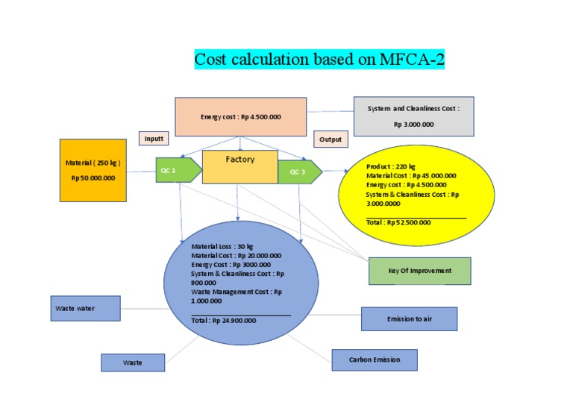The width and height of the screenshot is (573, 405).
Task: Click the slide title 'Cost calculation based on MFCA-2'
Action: pyautogui.click(x=319, y=59)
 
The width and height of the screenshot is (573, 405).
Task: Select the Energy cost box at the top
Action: pyautogui.click(x=240, y=116)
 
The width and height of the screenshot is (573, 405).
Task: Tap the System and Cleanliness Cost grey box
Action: pyautogui.click(x=413, y=116)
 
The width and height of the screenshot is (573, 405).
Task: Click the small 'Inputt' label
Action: pyautogui.click(x=154, y=139)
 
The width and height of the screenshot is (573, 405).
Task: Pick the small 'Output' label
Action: pyautogui.click(x=330, y=139)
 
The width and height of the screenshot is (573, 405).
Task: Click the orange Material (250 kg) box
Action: pyautogui.click(x=93, y=170)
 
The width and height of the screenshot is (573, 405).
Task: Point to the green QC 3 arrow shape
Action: pyautogui.click(x=299, y=172)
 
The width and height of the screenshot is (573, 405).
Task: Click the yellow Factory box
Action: pyautogui.click(x=239, y=166)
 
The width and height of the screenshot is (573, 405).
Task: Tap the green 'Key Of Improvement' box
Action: pyautogui.click(x=419, y=271)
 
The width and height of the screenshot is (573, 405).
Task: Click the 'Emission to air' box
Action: pyautogui.click(x=409, y=318)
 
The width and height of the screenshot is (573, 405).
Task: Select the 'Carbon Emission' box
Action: pyautogui.click(x=375, y=360)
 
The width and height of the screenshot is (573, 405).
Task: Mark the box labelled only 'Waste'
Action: pyautogui.click(x=133, y=362)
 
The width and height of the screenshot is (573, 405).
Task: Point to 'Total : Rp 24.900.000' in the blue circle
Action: pyautogui.click(x=223, y=320)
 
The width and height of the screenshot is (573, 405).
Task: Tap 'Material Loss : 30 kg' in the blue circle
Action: pyautogui.click(x=222, y=246)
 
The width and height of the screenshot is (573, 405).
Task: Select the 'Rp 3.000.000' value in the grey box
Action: pyautogui.click(x=413, y=125)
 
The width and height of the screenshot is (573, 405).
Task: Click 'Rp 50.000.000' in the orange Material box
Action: pyautogui.click(x=93, y=178)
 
